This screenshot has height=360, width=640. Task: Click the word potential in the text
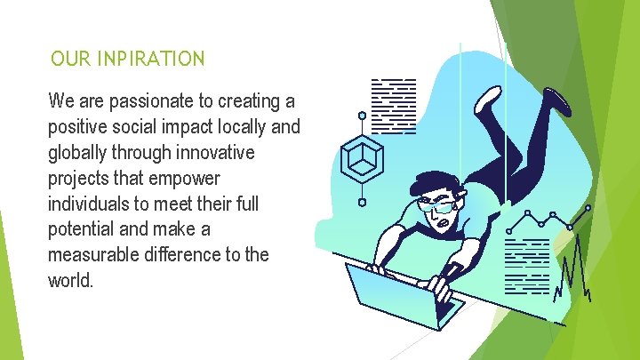pos(80,229)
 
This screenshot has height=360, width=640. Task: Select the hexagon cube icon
pos(362,160)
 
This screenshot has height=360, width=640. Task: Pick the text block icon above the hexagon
pos(393,105)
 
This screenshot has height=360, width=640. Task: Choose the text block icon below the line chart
pos(527,265)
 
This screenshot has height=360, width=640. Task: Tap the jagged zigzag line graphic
pos(573,267)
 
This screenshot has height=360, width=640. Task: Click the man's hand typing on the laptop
pos(438,286)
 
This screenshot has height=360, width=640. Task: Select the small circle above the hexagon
pos(362,116)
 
